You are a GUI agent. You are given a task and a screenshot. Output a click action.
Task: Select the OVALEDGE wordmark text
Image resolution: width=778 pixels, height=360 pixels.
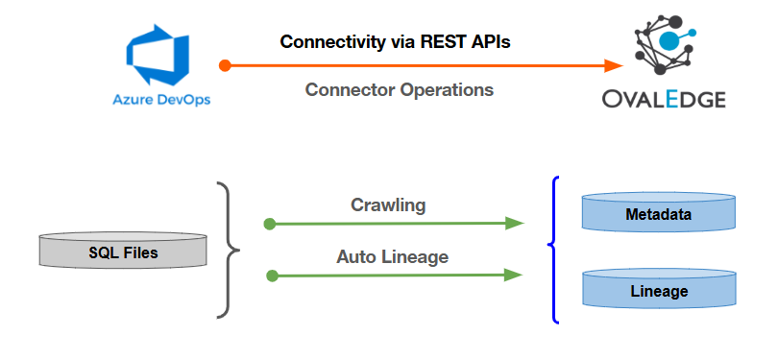pyautogui.click(x=664, y=100)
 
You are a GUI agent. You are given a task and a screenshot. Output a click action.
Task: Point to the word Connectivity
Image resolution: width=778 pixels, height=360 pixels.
pyautogui.click(x=328, y=42)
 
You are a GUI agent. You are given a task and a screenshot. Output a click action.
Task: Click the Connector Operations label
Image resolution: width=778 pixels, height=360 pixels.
pyautogui.click(x=399, y=89)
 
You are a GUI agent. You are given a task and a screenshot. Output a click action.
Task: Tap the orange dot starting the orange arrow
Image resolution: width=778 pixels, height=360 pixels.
pyautogui.click(x=224, y=66)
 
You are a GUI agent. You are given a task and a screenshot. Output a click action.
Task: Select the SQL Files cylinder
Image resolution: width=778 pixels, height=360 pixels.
pyautogui.click(x=123, y=251)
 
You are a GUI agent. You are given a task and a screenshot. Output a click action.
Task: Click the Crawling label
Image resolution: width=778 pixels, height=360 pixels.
pyautogui.click(x=388, y=204)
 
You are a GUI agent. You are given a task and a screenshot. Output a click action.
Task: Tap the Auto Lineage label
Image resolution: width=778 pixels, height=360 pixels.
pyautogui.click(x=392, y=257)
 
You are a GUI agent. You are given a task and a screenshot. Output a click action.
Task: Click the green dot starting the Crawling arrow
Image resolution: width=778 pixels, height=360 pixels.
pyautogui.click(x=270, y=224)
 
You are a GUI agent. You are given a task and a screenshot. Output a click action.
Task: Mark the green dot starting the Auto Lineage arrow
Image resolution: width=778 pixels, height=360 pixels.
pyautogui.click(x=271, y=276)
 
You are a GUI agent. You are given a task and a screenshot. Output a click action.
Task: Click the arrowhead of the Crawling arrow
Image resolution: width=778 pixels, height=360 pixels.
pyautogui.click(x=515, y=224)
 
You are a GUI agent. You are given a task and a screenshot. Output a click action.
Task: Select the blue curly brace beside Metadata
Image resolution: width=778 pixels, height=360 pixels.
pyautogui.click(x=553, y=249)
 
